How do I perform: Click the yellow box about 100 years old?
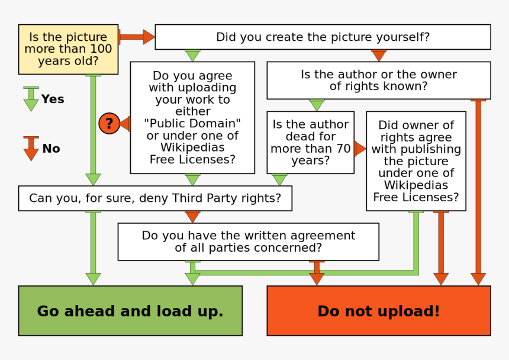pyautogui.click(x=68, y=49)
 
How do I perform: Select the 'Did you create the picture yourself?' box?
pyautogui.click(x=323, y=37)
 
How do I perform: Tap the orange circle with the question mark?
pyautogui.click(x=109, y=124)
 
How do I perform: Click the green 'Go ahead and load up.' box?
pyautogui.click(x=130, y=311)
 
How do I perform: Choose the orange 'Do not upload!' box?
pyautogui.click(x=379, y=311)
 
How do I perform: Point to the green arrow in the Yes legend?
pyautogui.click(x=31, y=99)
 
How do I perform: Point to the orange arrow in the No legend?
pyautogui.click(x=31, y=149)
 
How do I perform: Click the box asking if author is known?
pyautogui.click(x=379, y=80)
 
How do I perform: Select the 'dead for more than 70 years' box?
pyautogui.click(x=310, y=142)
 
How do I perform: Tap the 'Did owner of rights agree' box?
pyautogui.click(x=415, y=160)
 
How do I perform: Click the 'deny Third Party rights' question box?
pyautogui.click(x=155, y=198)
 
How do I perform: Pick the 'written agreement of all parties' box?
pyautogui.click(x=248, y=242)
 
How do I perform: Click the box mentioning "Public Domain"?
pyautogui.click(x=192, y=117)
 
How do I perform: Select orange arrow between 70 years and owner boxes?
pyautogui.click(x=360, y=149)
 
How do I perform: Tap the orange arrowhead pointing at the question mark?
pyautogui.click(x=125, y=124)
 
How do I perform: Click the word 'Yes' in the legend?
pyautogui.click(x=52, y=99)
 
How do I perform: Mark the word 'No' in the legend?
pyautogui.click(x=51, y=149)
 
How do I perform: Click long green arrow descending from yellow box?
pyautogui.click(x=93, y=130)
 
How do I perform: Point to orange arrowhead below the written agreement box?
pyautogui.click(x=317, y=277)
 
